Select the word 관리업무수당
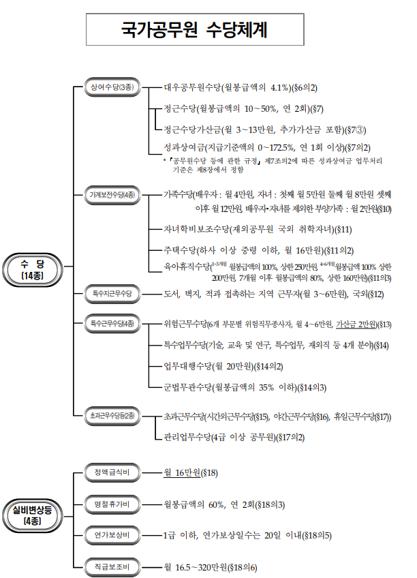(185, 437)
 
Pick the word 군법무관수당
(185, 389)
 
